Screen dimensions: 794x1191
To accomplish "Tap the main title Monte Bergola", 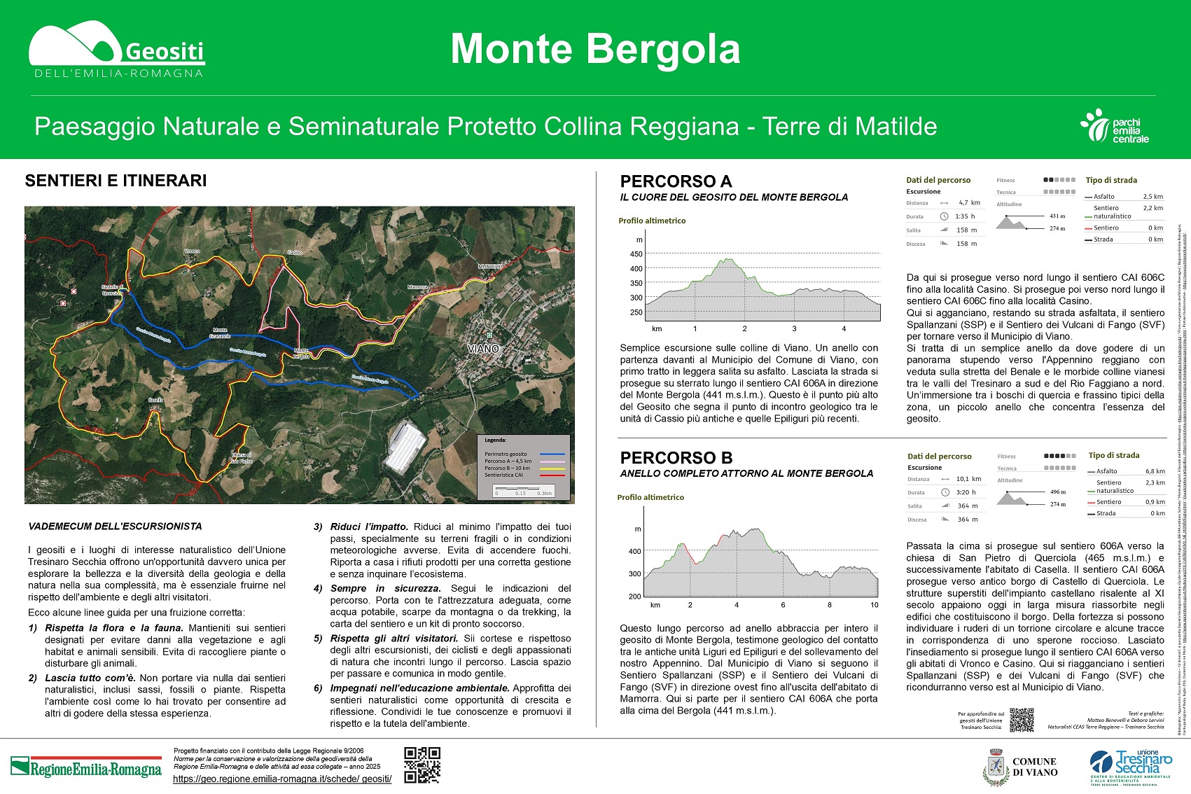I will click(x=595, y=49).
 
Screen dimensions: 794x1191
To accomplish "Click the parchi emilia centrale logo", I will click(x=1115, y=127).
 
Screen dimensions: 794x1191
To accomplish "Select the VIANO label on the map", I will click(x=483, y=349).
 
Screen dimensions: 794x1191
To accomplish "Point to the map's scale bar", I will click(x=523, y=490).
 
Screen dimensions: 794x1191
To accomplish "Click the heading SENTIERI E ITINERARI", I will click(x=116, y=181).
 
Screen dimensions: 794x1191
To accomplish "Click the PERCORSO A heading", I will click(x=676, y=181).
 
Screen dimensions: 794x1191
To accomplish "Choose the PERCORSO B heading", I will click(x=676, y=458).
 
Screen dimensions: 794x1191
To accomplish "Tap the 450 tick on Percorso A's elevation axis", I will click(x=636, y=254).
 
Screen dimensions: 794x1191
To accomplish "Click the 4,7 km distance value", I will click(x=969, y=203).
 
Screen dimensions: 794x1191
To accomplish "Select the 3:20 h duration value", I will click(x=966, y=492).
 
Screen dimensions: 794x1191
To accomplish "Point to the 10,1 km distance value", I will click(x=968, y=479).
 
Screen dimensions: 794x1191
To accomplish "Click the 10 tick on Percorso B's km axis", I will click(x=874, y=604).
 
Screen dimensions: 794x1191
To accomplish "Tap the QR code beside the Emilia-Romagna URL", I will click(x=422, y=765).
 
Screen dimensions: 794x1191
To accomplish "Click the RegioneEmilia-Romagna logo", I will click(x=86, y=767).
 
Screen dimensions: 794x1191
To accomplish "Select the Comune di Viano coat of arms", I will click(x=995, y=767).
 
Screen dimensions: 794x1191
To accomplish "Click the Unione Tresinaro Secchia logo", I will click(x=1131, y=767).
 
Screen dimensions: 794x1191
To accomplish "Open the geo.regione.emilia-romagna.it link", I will click(x=282, y=779).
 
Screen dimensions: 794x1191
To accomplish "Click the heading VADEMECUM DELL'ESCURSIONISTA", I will click(x=115, y=527).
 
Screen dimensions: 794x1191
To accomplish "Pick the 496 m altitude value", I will click(x=1057, y=492).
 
